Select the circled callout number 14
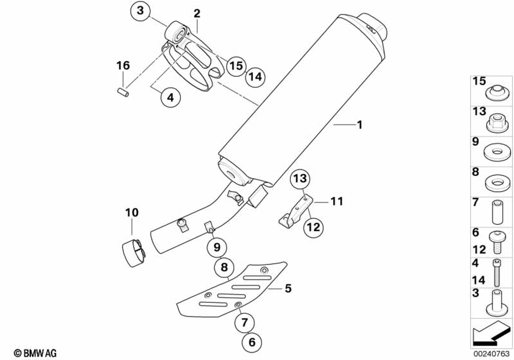point(255,77)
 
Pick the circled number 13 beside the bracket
point(300,179)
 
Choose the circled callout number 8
point(224,267)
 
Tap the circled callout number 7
point(244,322)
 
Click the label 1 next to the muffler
point(360,124)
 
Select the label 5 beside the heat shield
point(288,289)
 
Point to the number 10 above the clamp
point(132,212)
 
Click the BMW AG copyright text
point(35,352)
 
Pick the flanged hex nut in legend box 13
point(494,122)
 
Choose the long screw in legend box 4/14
point(497,273)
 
